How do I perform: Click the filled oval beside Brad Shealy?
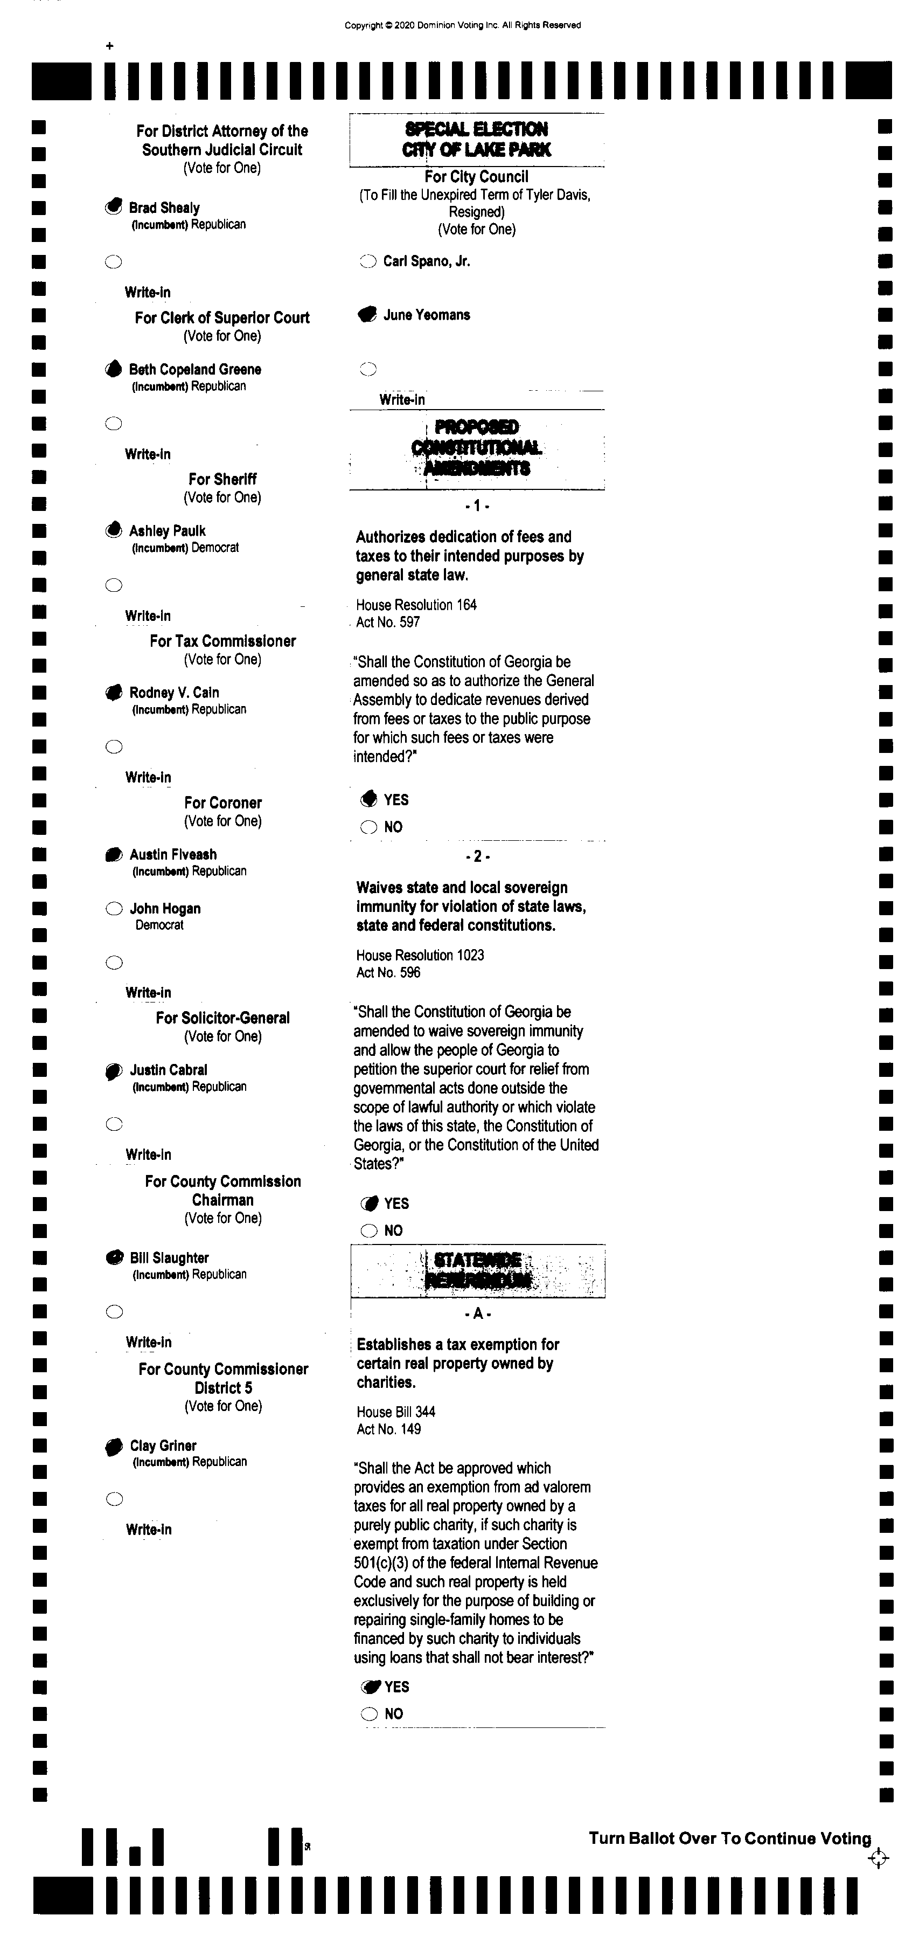tap(114, 206)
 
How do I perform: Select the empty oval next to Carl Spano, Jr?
tap(367, 261)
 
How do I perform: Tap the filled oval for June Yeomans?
tap(367, 315)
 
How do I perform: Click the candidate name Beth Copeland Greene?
tap(194, 369)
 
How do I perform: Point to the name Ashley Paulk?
tap(167, 530)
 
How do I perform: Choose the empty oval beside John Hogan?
tap(114, 909)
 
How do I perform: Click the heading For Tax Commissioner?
tap(222, 641)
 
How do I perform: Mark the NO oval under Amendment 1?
tap(369, 827)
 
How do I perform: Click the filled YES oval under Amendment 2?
tap(369, 1203)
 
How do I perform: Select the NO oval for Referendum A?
tap(370, 1713)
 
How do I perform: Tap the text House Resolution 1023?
tap(420, 955)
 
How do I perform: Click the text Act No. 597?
tap(388, 623)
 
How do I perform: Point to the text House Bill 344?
tap(396, 1412)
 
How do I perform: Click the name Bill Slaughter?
tap(169, 1257)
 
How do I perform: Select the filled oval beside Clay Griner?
tap(114, 1446)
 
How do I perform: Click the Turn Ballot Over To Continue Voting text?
tap(729, 1838)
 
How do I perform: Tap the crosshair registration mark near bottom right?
tap(878, 1858)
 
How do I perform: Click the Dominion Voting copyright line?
tap(462, 25)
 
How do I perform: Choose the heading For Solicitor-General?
tap(222, 1018)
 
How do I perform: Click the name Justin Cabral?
tap(168, 1069)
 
